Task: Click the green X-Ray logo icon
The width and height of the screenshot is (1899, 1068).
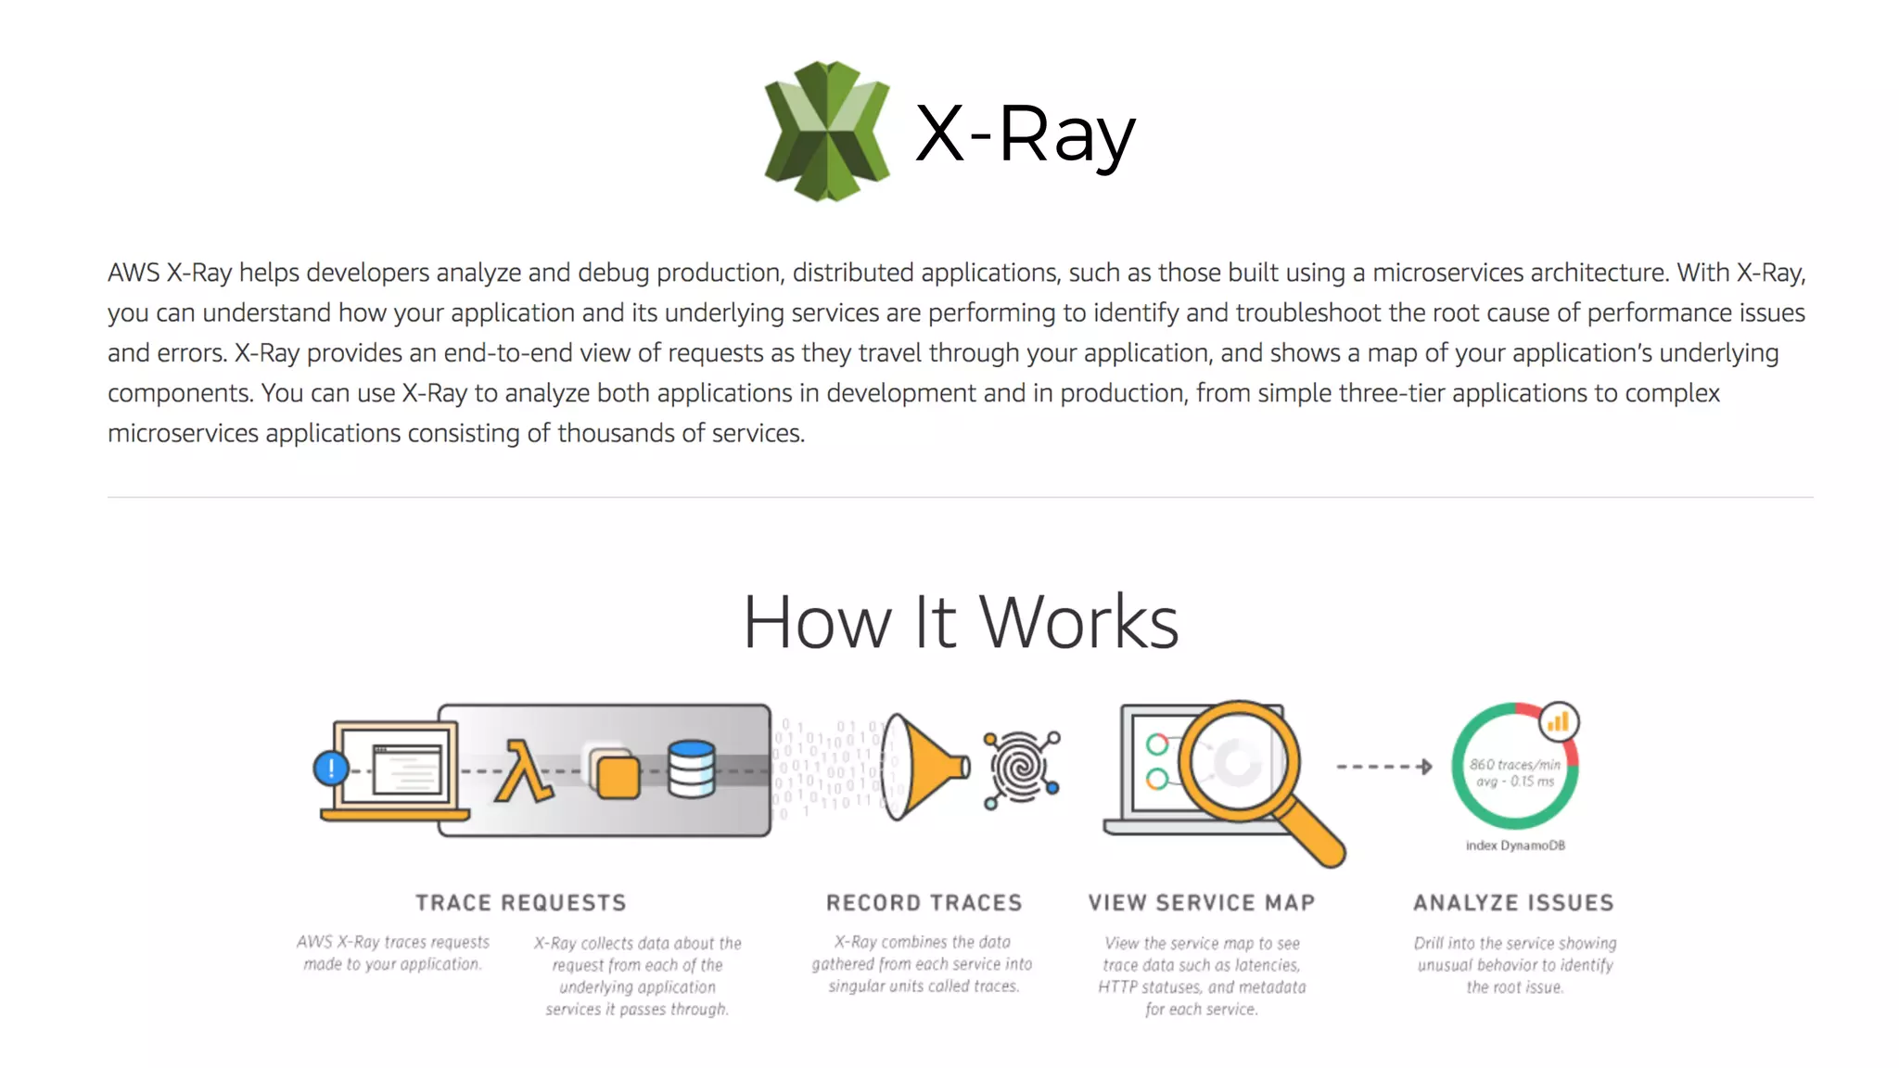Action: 826,131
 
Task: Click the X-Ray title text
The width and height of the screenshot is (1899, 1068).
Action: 1025,134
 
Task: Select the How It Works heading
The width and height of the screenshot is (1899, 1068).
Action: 961,622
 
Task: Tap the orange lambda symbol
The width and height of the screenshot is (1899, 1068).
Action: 522,770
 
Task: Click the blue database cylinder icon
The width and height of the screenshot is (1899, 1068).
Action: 692,769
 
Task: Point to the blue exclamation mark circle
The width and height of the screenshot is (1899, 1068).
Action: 331,768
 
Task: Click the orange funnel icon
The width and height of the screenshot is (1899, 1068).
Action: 924,767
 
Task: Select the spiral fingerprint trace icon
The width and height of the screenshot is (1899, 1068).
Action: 1021,768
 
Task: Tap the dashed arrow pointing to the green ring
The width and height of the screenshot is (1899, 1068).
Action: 1383,767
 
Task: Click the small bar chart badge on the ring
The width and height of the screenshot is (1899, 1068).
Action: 1559,722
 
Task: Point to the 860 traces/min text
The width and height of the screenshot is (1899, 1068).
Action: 1514,765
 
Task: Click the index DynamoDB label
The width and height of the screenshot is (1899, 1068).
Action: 1515,845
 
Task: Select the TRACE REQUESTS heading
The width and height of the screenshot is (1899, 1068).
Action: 520,903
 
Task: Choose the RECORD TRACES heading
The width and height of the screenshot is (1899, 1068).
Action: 924,903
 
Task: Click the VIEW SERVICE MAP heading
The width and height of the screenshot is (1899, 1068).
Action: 1202,903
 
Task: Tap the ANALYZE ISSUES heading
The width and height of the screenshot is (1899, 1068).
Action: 1513,903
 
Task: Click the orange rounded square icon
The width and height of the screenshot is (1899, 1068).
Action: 618,777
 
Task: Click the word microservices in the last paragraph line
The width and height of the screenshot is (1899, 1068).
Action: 183,433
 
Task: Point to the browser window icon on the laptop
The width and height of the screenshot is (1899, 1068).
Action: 407,769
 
